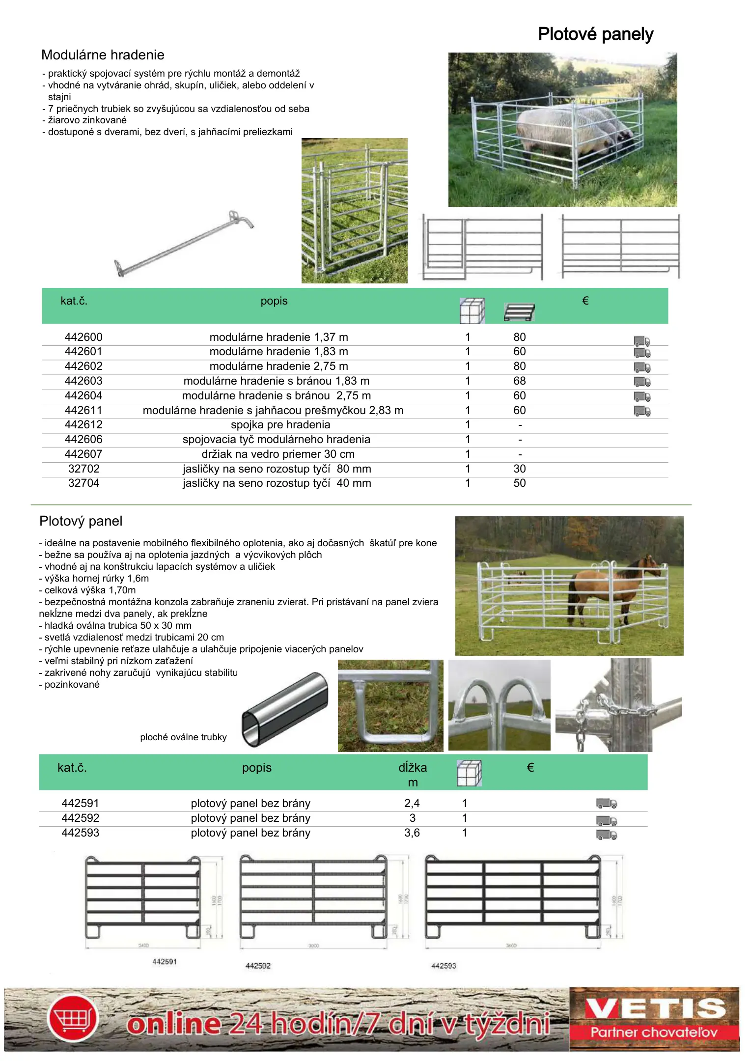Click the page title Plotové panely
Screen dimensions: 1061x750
pyautogui.click(x=595, y=34)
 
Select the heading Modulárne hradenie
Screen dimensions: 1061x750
pyautogui.click(x=103, y=55)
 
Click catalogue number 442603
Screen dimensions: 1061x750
pyautogui.click(x=83, y=381)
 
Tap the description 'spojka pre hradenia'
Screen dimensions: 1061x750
pyautogui.click(x=280, y=425)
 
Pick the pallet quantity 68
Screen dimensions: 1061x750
pyautogui.click(x=519, y=381)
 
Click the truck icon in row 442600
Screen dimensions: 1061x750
pyautogui.click(x=641, y=341)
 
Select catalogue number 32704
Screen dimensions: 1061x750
pyautogui.click(x=83, y=483)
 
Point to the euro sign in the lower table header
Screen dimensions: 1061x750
pyautogui.click(x=530, y=768)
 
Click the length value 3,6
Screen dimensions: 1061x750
pyautogui.click(x=412, y=833)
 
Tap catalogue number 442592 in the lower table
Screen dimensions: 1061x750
pyautogui.click(x=80, y=818)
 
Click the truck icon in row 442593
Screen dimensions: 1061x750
pyautogui.click(x=607, y=835)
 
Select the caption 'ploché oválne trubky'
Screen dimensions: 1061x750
pyautogui.click(x=183, y=737)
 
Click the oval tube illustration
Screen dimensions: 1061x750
pyautogui.click(x=285, y=709)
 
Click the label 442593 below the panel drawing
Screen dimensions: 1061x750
pyautogui.click(x=444, y=966)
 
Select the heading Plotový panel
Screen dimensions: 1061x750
pyautogui.click(x=81, y=521)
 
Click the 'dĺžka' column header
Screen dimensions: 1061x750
pyautogui.click(x=412, y=768)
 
